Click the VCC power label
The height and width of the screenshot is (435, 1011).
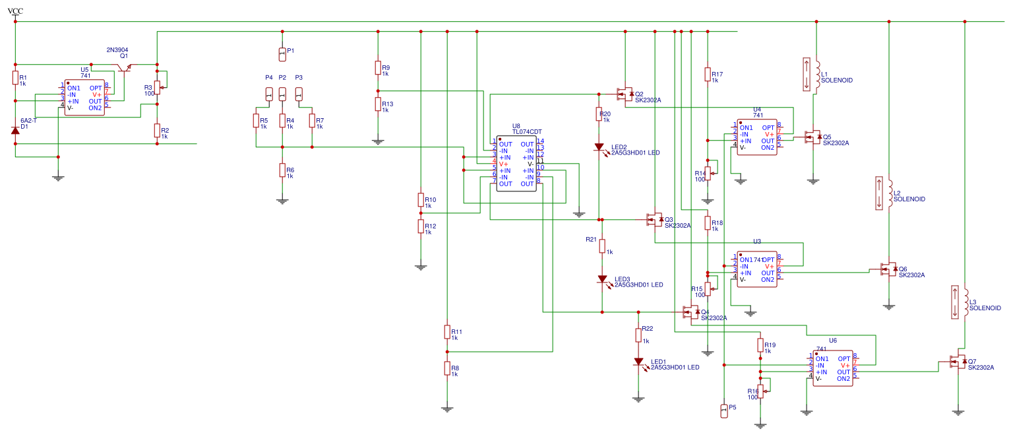[15, 11]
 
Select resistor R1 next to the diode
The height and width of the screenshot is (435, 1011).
[15, 79]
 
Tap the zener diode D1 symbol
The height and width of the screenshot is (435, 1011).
[15, 130]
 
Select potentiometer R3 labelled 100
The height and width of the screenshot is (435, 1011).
[158, 88]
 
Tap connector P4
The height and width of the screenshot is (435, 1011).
[269, 94]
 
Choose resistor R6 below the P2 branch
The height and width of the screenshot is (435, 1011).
[282, 171]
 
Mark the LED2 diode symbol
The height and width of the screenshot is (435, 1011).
[599, 147]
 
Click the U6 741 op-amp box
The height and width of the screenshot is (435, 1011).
[832, 368]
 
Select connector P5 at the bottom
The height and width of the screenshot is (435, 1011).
[724, 411]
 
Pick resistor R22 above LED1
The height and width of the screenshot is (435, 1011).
[638, 335]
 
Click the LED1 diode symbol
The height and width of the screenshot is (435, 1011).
[638, 362]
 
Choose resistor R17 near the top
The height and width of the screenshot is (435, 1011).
[708, 74]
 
